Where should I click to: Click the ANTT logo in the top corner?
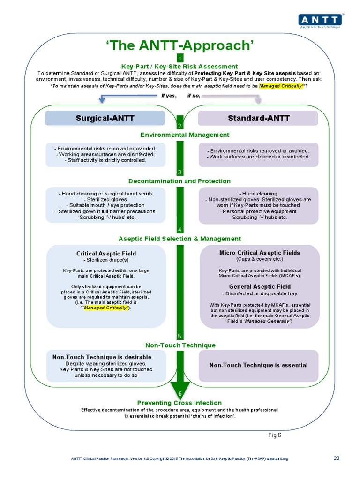tap(321, 20)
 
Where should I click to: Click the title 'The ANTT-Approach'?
tap(180, 45)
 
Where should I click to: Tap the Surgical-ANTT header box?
tap(105, 118)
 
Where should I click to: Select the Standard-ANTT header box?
tap(258, 118)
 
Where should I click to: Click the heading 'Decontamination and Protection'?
tap(180, 181)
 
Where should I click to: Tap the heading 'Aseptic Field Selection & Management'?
tap(180, 239)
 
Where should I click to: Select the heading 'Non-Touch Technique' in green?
tap(180, 345)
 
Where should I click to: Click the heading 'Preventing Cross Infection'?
tap(180, 403)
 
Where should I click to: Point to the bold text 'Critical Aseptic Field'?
tap(106, 254)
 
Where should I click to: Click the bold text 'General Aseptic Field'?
tap(260, 286)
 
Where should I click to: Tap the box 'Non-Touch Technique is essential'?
tap(258, 365)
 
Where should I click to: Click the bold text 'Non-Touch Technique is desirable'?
tap(102, 357)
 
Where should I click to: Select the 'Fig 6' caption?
tap(274, 435)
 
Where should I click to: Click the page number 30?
tap(336, 458)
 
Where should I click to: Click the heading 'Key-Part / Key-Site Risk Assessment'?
tap(180, 67)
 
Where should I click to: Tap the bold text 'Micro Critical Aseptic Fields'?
tap(260, 253)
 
